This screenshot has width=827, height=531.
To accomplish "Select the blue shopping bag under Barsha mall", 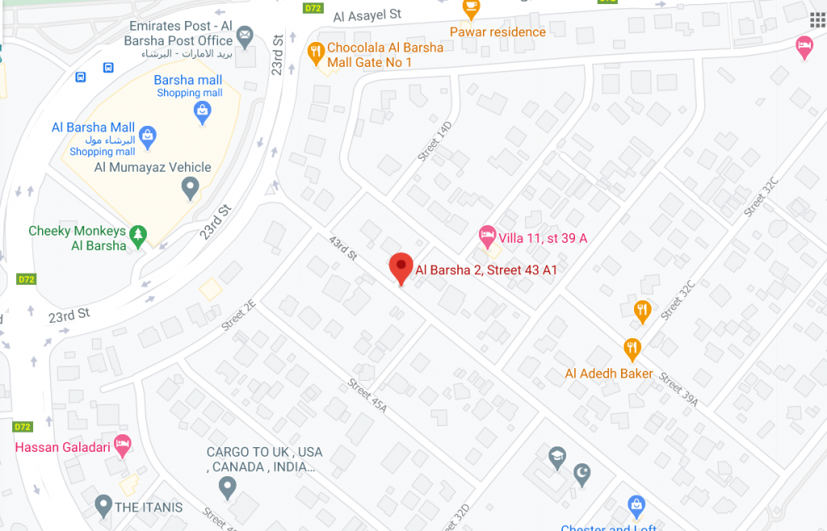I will pyautogui.click(x=203, y=113).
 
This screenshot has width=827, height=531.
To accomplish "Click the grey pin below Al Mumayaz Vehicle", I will pyautogui.click(x=190, y=189).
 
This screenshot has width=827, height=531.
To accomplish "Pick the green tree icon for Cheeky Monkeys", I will pyautogui.click(x=139, y=235).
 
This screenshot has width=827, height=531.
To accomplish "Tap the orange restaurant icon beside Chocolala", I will pyautogui.click(x=316, y=53).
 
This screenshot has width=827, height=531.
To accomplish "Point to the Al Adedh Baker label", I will pyautogui.click(x=609, y=374).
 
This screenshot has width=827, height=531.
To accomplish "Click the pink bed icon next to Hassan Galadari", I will pyautogui.click(x=122, y=445).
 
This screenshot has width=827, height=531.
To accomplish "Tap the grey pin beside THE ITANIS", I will pyautogui.click(x=103, y=506).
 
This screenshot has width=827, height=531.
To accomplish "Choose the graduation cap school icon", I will pyautogui.click(x=556, y=458).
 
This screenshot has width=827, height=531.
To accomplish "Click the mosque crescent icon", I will pyautogui.click(x=582, y=475).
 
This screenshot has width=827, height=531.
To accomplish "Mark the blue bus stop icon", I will pyautogui.click(x=81, y=77).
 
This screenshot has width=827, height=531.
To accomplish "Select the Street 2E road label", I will pyautogui.click(x=238, y=315).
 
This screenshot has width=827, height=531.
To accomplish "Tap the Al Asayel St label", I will pyautogui.click(x=367, y=15).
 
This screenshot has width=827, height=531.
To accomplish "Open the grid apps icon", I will pyautogui.click(x=817, y=19).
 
